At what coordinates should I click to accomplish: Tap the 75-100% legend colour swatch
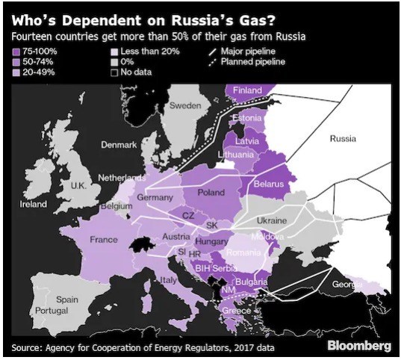coord(16,51)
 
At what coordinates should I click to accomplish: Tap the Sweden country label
coord(185,106)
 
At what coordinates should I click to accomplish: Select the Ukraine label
coord(271,221)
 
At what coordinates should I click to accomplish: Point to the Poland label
coord(211,193)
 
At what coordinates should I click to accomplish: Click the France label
coord(104,240)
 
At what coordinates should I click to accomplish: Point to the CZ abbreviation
coord(189,215)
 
